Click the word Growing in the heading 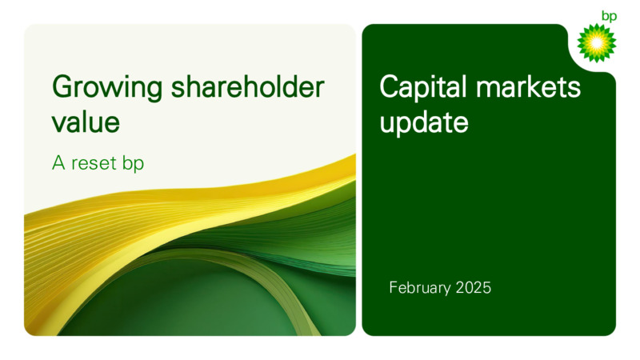click(x=107, y=88)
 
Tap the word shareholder click(x=247, y=86)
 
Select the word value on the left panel click(x=86, y=122)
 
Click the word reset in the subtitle click(x=94, y=163)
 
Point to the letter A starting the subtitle click(x=58, y=163)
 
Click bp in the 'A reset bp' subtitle click(x=133, y=164)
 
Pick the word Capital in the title click(x=423, y=88)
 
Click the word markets click(x=528, y=86)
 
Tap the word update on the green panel click(x=424, y=122)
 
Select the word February click(x=420, y=288)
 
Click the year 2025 click(x=474, y=288)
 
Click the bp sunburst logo click(x=596, y=42)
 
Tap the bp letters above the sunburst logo click(x=609, y=16)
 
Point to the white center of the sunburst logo click(x=596, y=42)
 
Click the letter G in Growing click(x=62, y=86)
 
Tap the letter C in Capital click(x=390, y=86)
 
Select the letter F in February click(x=394, y=287)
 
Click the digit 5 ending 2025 click(x=487, y=288)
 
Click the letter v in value click(x=58, y=124)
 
